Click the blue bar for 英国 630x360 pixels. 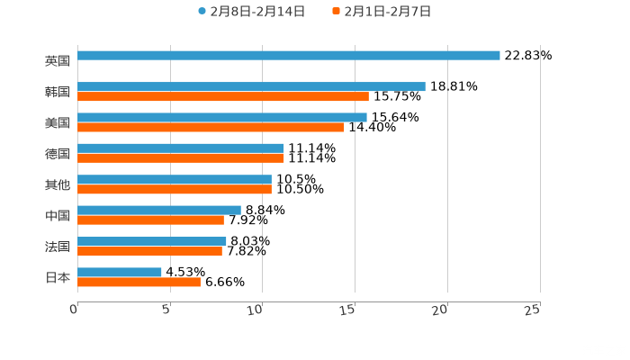[288, 56]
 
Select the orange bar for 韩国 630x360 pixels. [222, 96]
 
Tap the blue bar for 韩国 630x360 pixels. [251, 86]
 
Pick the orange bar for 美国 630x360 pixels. [211, 127]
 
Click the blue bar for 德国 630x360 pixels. [180, 148]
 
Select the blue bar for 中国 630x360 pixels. [158, 210]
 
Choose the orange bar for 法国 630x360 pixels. [149, 251]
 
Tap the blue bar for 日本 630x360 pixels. [120, 272]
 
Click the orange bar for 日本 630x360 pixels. [139, 282]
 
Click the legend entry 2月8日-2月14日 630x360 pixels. [251, 12]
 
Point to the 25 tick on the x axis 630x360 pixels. [532, 310]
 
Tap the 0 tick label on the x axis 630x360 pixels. [74, 310]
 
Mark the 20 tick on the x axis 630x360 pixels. [439, 310]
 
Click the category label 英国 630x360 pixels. [58, 61]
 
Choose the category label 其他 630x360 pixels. [58, 184]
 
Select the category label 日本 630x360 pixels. [58, 277]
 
